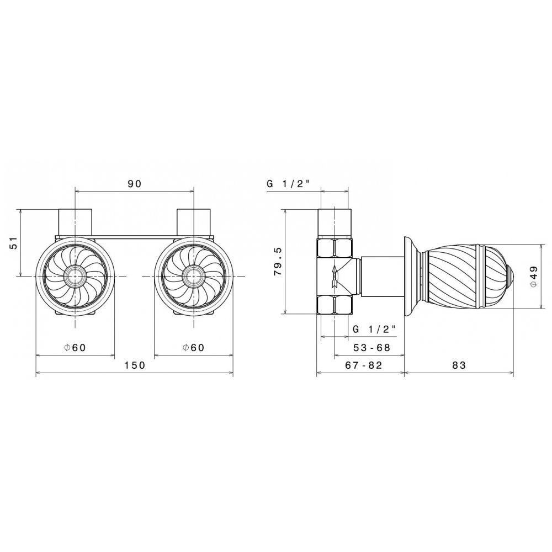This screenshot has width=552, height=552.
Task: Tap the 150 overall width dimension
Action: point(135,365)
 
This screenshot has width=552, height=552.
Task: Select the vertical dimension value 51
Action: point(13,242)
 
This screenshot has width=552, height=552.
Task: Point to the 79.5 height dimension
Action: point(278,261)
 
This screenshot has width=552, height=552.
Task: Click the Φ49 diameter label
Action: point(534,277)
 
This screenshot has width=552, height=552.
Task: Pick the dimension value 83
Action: point(459,365)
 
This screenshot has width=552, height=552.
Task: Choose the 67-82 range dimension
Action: point(363,365)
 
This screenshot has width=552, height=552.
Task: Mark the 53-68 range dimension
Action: point(371,347)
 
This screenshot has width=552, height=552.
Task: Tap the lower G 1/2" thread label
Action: point(374,329)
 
